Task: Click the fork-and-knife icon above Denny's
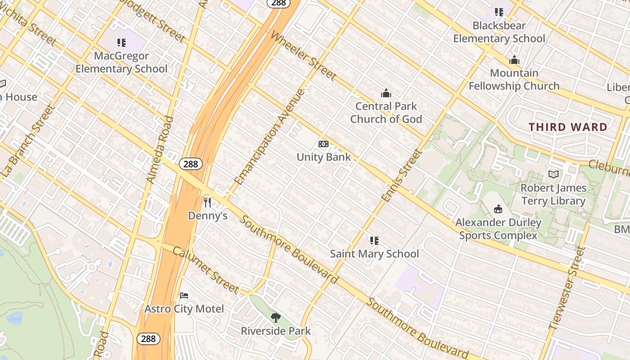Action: click(207, 202)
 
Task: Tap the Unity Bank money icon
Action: click(323, 144)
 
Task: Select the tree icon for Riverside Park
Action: click(276, 318)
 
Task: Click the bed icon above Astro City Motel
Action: click(184, 296)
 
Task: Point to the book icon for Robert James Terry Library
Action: click(553, 175)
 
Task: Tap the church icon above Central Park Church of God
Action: click(386, 93)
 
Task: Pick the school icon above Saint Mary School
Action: click(374, 240)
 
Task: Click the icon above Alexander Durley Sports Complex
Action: click(498, 209)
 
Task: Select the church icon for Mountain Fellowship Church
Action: click(514, 60)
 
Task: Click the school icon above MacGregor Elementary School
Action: click(121, 43)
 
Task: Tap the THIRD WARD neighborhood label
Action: click(568, 127)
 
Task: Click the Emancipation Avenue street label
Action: click(270, 137)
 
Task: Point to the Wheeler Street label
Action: click(303, 56)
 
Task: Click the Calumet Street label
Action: click(205, 270)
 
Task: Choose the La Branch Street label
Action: click(28, 141)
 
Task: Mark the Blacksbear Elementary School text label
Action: click(499, 32)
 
